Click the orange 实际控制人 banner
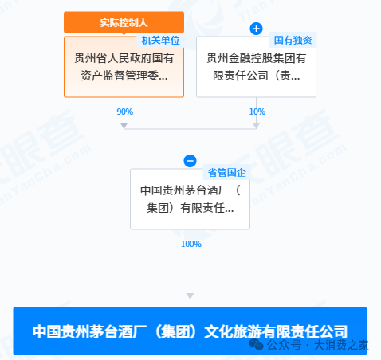coord(124,22)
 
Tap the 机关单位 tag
coord(160,41)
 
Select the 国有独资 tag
coord(293,40)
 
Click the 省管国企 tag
coord(226,173)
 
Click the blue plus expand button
coord(256,29)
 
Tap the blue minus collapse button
coord(190,161)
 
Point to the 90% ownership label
coord(125,112)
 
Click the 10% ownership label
coord(257,112)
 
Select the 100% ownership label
coord(191,244)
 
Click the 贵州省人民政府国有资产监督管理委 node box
coord(124,67)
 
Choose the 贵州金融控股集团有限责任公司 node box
coord(256,67)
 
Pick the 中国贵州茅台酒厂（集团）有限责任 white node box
coord(190,199)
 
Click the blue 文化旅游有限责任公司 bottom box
coord(190,331)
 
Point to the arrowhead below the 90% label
coord(124,126)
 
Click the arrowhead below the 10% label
coord(256,126)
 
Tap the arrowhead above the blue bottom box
coord(190,296)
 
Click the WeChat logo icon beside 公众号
coord(256,344)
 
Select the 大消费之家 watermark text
coord(341,345)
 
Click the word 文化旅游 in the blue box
coord(233,331)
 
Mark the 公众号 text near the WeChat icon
coord(285,345)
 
